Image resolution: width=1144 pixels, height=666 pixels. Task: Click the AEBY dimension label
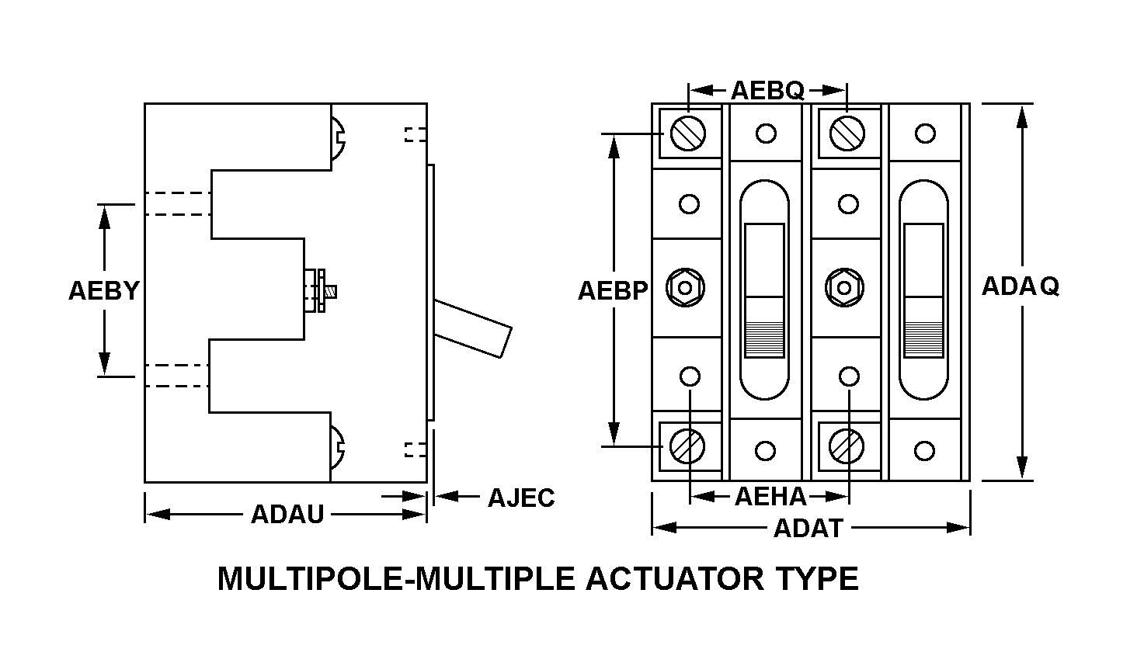click(x=104, y=291)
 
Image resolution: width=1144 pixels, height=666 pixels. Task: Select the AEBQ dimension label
click(x=767, y=91)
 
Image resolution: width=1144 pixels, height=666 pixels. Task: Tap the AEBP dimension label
click(x=613, y=291)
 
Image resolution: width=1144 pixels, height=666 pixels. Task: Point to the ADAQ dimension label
click(x=1021, y=286)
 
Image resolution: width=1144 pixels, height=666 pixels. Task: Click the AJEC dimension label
click(x=521, y=498)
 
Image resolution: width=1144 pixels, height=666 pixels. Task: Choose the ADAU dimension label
click(x=287, y=514)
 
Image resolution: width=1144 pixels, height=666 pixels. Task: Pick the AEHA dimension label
click(x=770, y=497)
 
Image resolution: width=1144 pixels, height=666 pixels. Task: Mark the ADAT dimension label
click(x=808, y=528)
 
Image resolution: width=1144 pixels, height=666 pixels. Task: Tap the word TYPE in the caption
click(x=818, y=579)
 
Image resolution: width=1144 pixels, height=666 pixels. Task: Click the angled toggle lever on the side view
click(x=473, y=328)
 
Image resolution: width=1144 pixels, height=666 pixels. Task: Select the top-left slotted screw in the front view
click(x=688, y=134)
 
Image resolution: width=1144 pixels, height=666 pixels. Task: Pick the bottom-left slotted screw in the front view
click(x=687, y=446)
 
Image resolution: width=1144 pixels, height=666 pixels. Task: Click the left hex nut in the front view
click(x=685, y=288)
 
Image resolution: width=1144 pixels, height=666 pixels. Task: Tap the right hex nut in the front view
click(x=845, y=288)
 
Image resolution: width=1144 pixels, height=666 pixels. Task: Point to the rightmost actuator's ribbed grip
click(x=923, y=339)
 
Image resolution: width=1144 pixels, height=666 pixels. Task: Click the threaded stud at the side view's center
click(x=331, y=291)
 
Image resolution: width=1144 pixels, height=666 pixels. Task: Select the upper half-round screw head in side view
click(x=338, y=138)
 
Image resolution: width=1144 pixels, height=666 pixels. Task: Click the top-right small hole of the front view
click(x=925, y=134)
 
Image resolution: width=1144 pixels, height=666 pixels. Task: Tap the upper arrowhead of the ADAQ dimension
click(x=1021, y=117)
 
